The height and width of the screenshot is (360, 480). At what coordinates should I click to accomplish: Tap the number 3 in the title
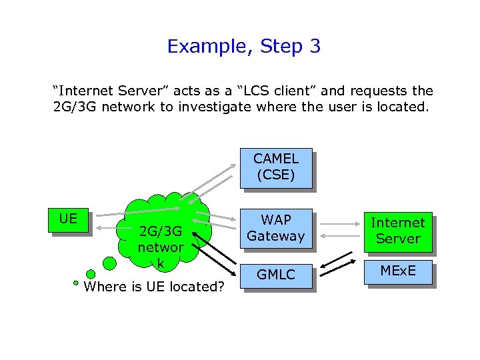click(314, 47)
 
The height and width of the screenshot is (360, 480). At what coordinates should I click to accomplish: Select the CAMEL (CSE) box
click(275, 167)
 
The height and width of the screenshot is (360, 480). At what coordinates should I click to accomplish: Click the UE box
click(68, 219)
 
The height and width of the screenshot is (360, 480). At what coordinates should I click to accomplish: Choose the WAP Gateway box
click(275, 228)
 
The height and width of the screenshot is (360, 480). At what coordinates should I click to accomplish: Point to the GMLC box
click(275, 274)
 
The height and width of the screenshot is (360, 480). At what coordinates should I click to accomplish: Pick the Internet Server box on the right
click(397, 231)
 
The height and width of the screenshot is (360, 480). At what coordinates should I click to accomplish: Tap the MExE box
click(397, 271)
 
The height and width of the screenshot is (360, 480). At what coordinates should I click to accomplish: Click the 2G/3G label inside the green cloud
click(160, 233)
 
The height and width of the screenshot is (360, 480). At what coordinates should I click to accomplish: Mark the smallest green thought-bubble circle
click(76, 282)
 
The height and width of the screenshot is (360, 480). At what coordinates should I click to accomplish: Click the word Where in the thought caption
click(106, 287)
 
